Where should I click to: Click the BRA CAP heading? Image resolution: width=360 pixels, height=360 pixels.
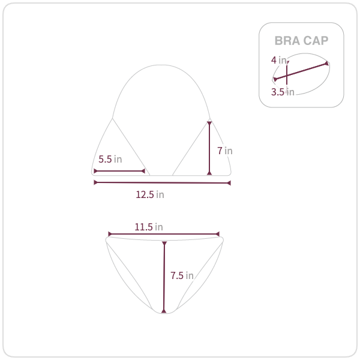301,41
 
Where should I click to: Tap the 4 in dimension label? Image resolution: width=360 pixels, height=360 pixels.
279,60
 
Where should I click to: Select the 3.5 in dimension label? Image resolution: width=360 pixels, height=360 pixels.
283,92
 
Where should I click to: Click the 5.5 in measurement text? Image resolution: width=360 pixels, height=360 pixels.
110,159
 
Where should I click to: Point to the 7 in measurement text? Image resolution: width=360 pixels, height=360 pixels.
225,151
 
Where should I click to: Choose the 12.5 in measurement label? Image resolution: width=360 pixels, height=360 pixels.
150,194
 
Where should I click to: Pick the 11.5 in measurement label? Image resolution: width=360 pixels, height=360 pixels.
149,227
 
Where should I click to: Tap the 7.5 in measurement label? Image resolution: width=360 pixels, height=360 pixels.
182,275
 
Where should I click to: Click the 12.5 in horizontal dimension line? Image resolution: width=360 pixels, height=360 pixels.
162,182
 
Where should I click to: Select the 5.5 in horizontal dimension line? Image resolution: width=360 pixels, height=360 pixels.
119,171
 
